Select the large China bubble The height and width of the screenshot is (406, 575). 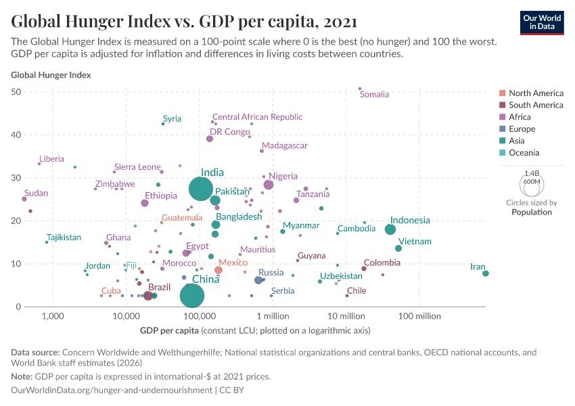[193, 296]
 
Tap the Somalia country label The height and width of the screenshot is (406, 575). [374, 95]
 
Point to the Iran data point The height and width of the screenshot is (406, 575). [486, 273]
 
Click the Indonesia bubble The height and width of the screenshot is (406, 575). [390, 229]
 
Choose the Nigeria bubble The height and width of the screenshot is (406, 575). [269, 185]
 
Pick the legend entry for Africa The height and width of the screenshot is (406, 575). [520, 117]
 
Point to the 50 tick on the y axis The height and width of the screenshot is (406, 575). [35, 92]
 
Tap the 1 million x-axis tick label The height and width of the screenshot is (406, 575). [273, 316]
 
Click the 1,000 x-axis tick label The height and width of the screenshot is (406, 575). [52, 316]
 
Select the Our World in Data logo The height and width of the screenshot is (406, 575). [542, 22]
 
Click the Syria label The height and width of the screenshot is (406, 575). [172, 119]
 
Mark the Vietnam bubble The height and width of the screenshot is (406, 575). [398, 248]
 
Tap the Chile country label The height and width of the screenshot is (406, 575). [356, 291]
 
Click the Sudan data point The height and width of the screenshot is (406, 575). [24, 199]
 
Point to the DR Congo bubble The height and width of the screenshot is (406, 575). [210, 139]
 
